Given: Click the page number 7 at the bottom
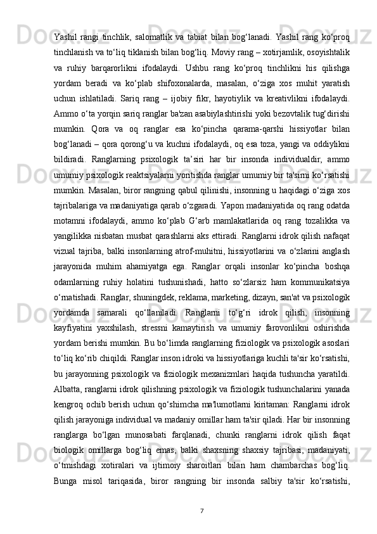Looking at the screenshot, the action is (200, 511).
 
